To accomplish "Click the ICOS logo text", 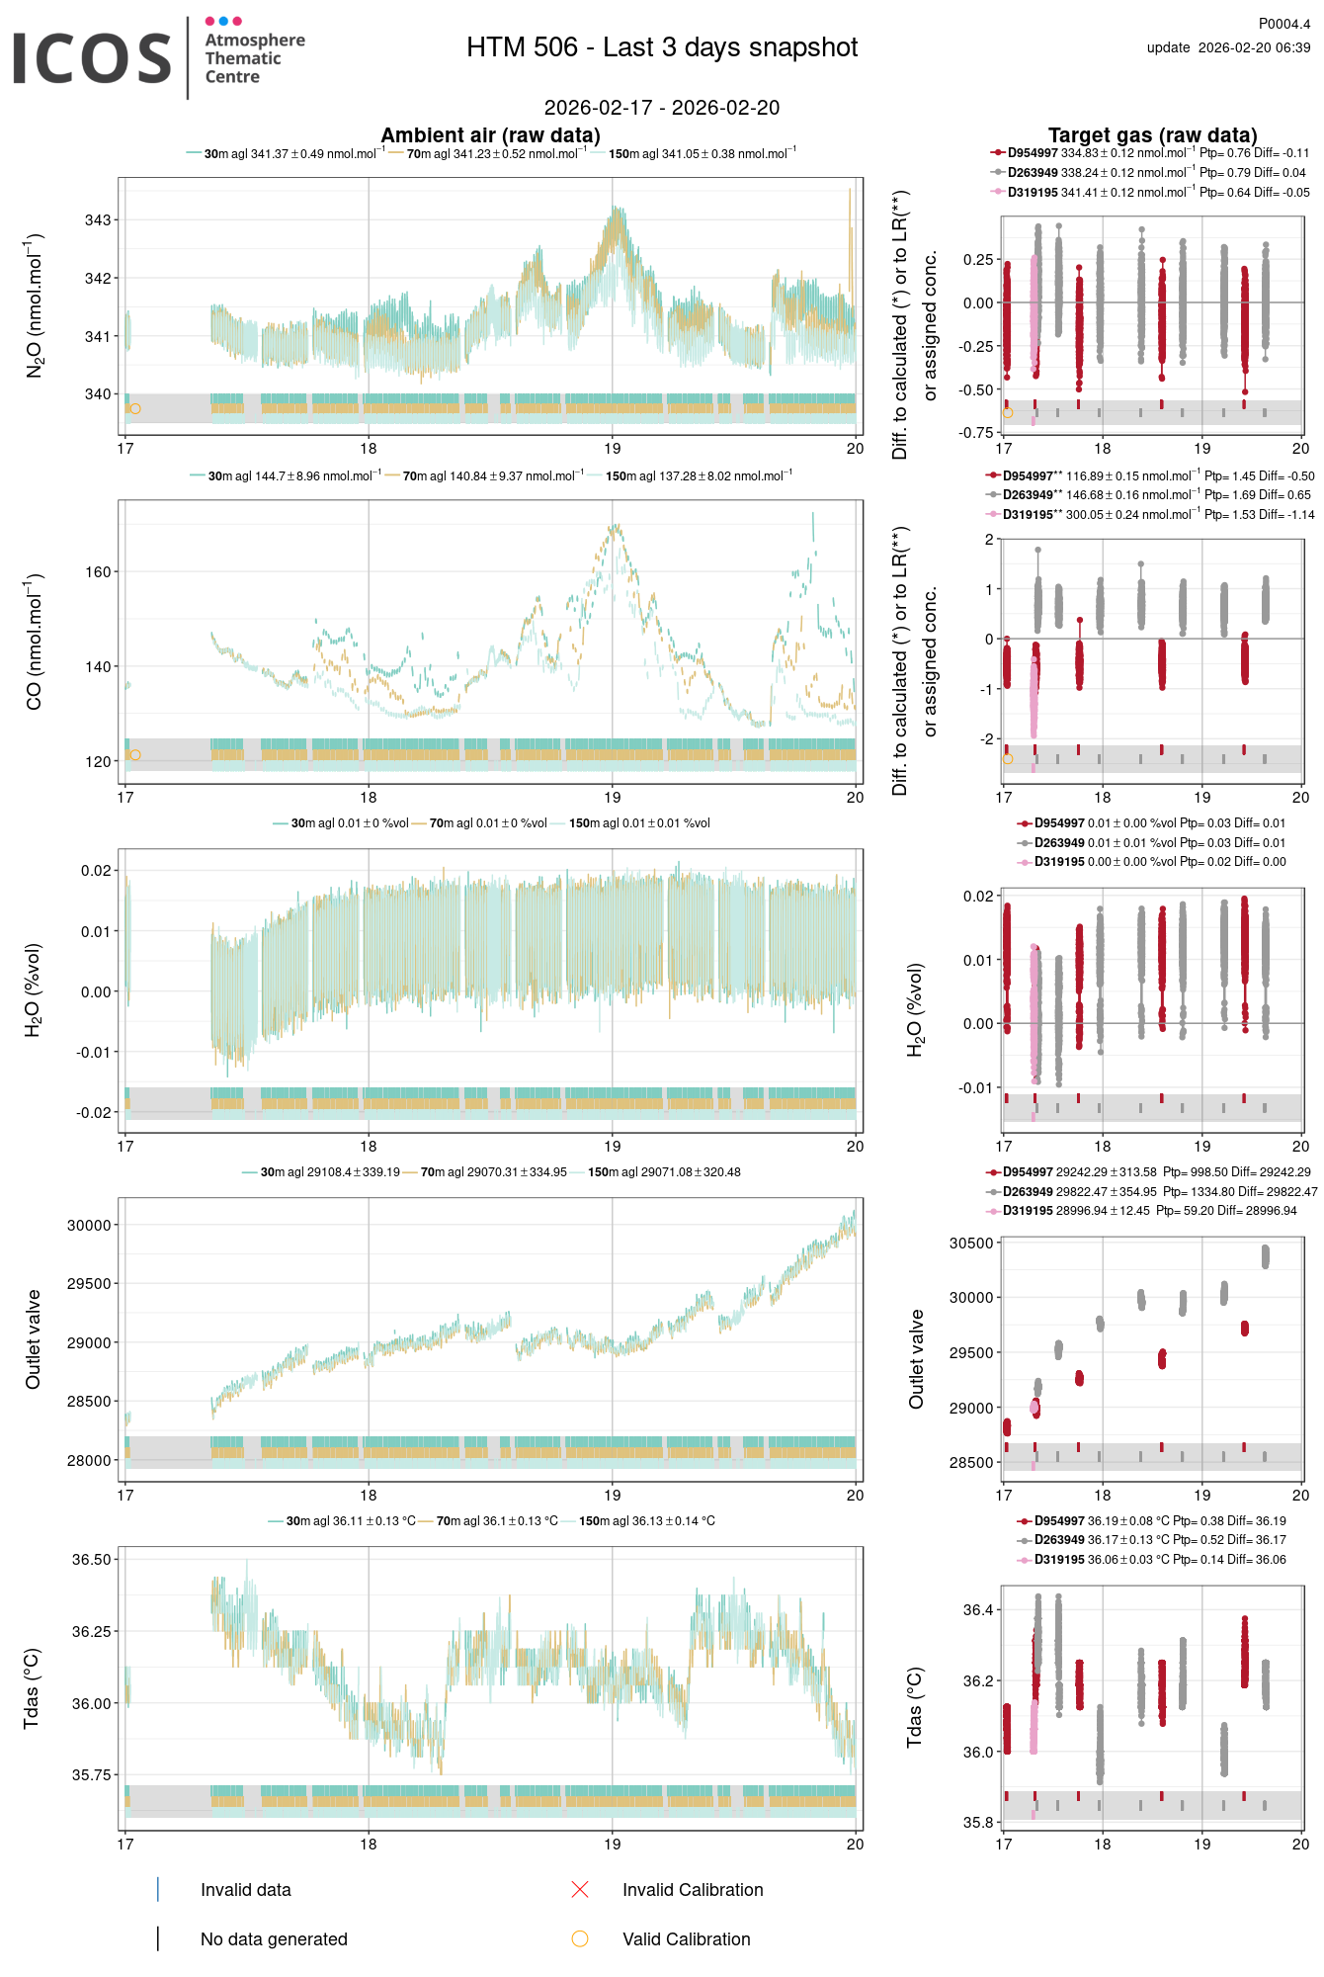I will click(93, 58).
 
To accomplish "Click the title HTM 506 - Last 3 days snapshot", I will click(662, 47).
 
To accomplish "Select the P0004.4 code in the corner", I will click(1283, 24).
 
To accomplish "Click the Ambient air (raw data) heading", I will click(490, 135).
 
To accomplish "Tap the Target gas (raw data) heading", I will click(1152, 135).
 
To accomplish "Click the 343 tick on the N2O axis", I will click(98, 219).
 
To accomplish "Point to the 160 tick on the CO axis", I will click(98, 571).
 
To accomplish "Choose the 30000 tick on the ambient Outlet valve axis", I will click(89, 1225).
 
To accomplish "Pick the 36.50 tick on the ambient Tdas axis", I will click(92, 1560).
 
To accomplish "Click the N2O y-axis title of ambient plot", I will click(35, 305).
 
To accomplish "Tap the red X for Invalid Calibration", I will click(580, 1890).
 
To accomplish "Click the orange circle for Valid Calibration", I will click(580, 1939).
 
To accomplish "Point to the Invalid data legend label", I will click(245, 1890).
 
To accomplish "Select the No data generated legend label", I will click(274, 1939).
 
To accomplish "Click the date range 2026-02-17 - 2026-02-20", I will click(662, 108).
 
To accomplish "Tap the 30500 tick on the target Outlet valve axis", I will click(970, 1244).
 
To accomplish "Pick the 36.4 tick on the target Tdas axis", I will click(978, 1610).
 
